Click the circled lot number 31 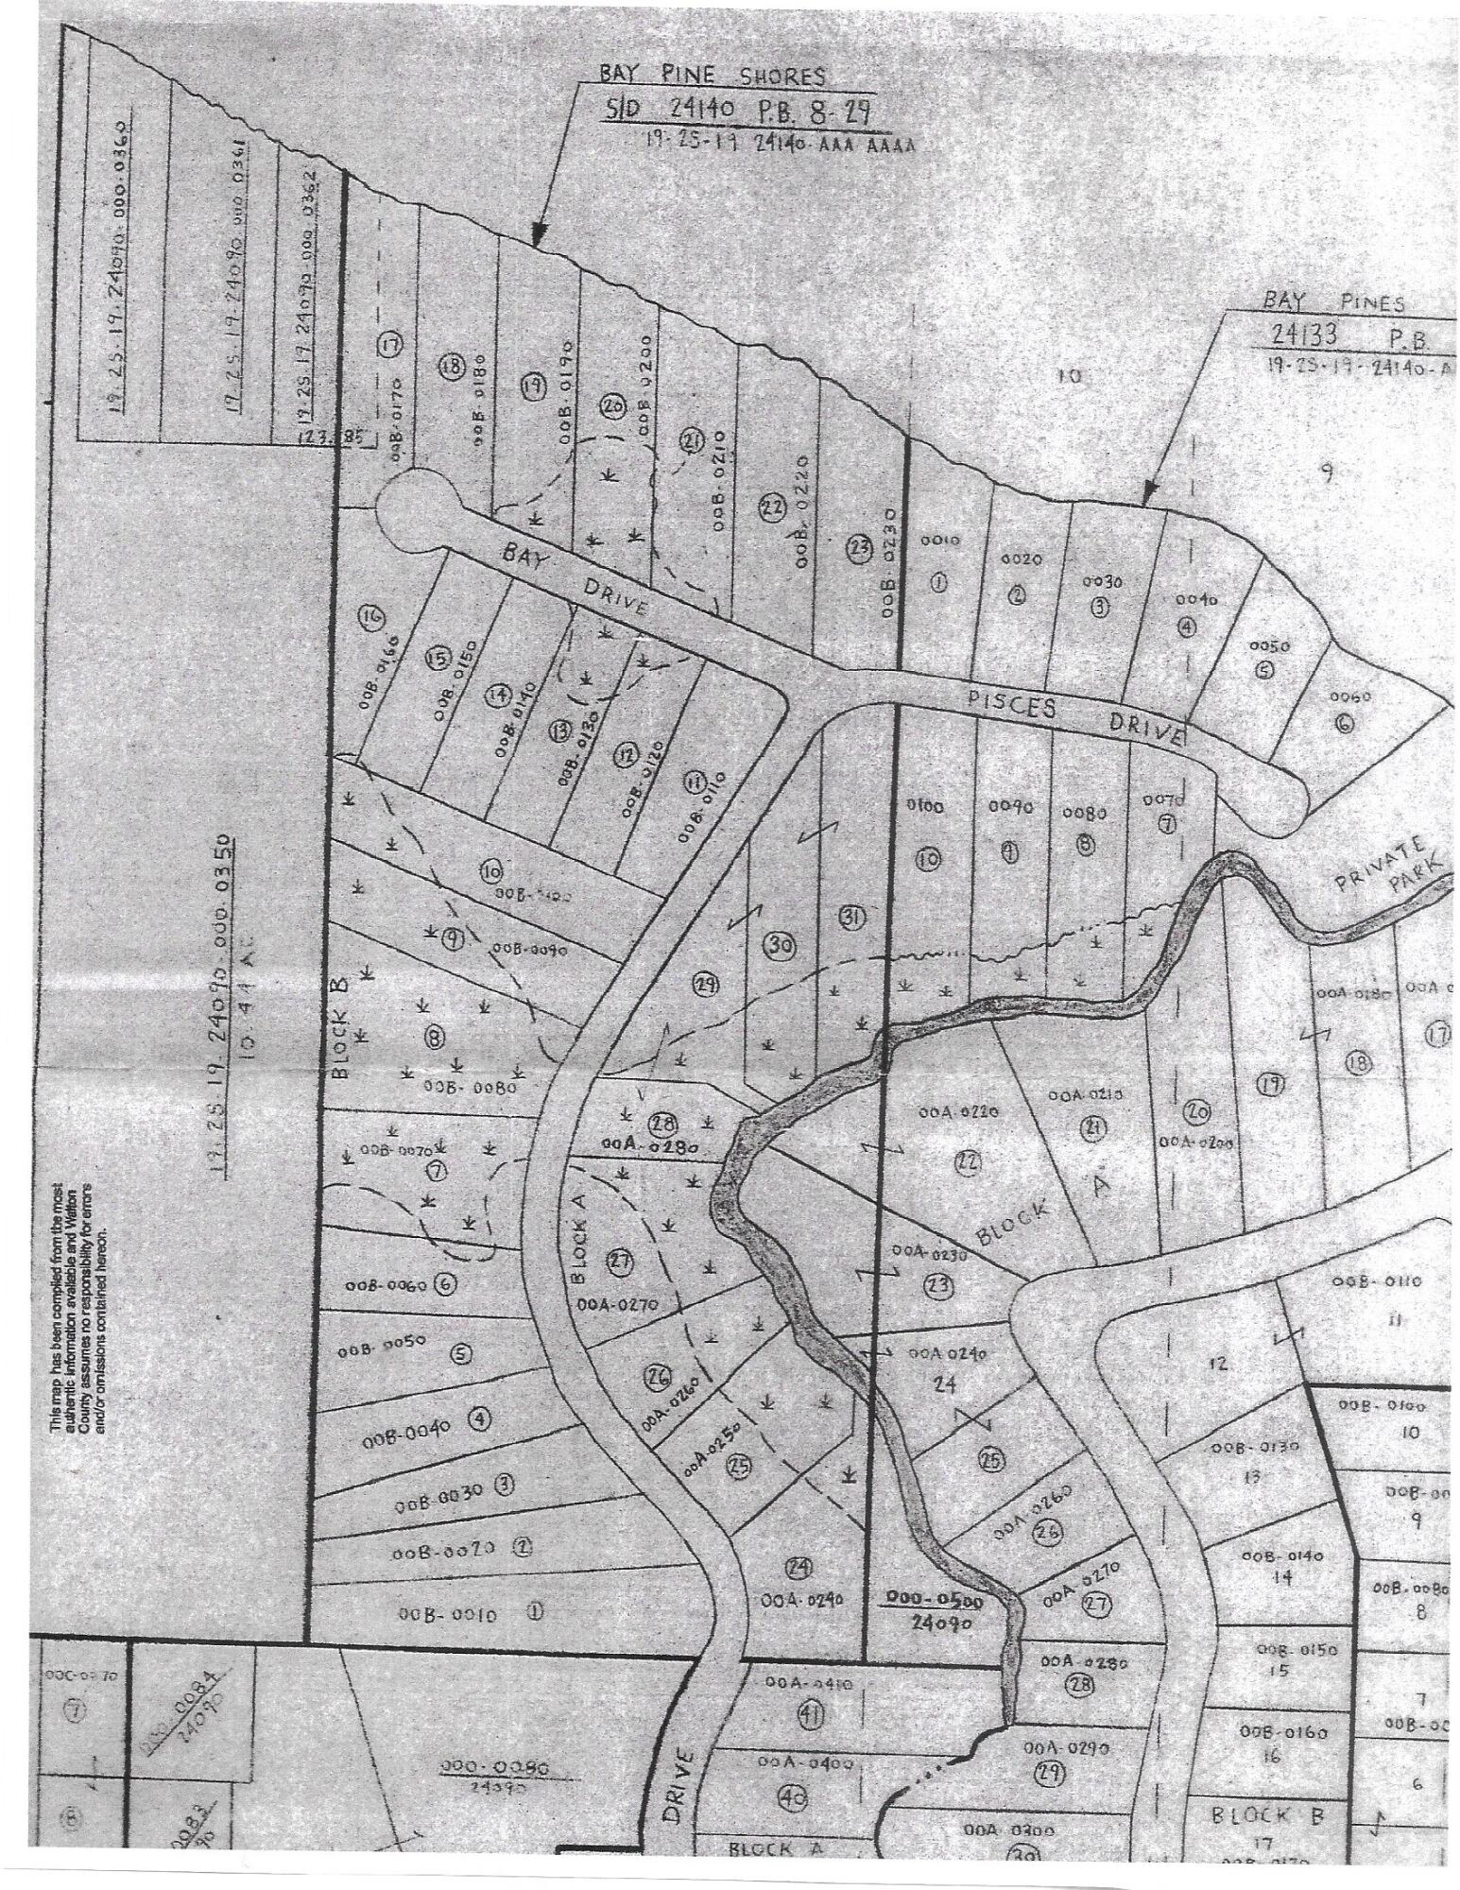850,916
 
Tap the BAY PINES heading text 1334,303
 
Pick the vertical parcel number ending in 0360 120,280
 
